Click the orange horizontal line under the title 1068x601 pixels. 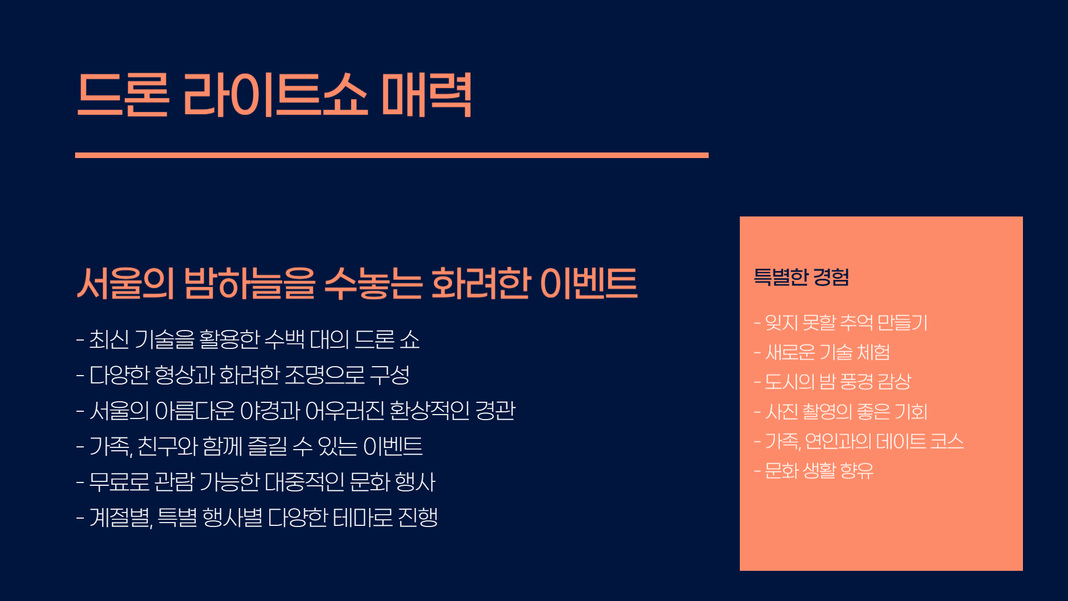point(392,155)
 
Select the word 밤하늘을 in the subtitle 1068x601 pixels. point(249,283)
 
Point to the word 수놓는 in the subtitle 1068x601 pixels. point(373,283)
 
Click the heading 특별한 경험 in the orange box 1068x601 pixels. point(801,277)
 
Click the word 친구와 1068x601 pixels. point(167,446)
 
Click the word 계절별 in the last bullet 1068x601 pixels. point(121,518)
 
